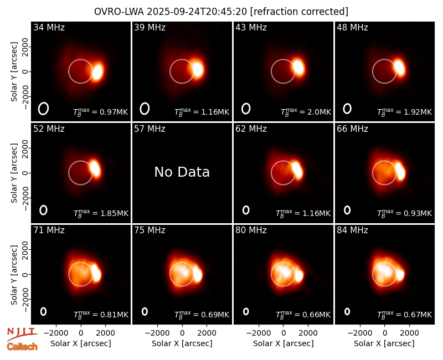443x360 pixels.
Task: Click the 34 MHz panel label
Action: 49,27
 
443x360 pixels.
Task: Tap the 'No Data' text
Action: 182,172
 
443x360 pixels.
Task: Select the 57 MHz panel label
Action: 150,129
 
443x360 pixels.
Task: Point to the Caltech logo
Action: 22,347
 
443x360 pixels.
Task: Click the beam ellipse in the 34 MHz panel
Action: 44,109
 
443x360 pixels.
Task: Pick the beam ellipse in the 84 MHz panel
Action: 347,311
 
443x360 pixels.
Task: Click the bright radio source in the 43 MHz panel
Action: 298,66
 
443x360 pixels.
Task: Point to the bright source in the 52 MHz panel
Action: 95,168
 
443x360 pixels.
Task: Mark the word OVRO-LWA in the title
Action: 119,12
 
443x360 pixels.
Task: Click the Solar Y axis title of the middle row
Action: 14,173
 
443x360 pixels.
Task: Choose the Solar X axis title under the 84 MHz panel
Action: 384,343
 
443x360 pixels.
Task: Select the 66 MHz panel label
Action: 352,129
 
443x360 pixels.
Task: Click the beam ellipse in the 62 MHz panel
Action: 246,210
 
